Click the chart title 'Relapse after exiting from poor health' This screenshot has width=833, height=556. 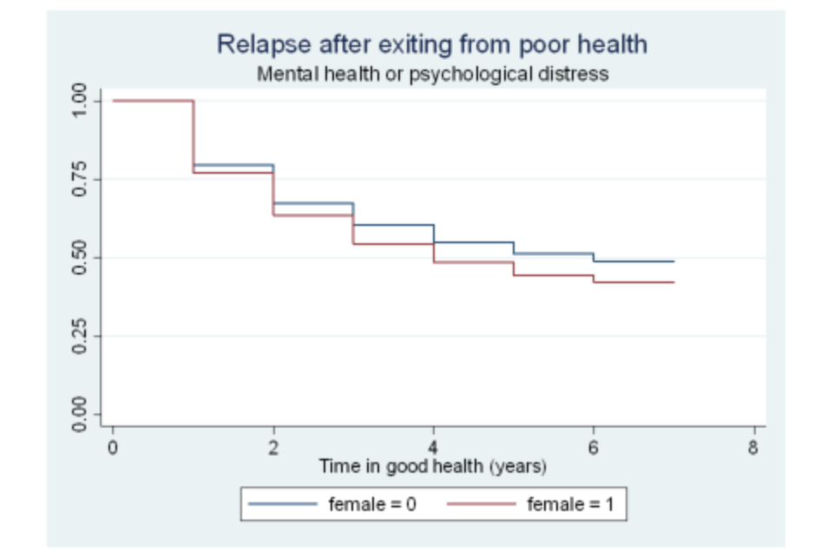[x=431, y=44]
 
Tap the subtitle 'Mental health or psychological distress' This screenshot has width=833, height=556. [x=432, y=74]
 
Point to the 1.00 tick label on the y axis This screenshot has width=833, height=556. [x=80, y=101]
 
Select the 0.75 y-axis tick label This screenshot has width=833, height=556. [x=80, y=179]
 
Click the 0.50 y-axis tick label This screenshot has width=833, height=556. [x=80, y=257]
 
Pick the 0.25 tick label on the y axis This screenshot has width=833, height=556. [x=80, y=335]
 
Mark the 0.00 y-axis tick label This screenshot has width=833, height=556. [x=80, y=414]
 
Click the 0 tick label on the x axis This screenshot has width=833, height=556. [x=113, y=448]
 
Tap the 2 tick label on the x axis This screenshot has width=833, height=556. [x=273, y=448]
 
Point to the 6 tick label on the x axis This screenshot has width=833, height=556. [x=594, y=448]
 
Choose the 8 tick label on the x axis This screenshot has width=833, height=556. [x=753, y=448]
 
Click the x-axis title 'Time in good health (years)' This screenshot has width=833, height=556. [x=432, y=467]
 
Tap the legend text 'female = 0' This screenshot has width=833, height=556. [x=372, y=504]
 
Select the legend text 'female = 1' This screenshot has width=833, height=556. [x=570, y=504]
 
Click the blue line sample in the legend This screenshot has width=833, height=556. [x=283, y=504]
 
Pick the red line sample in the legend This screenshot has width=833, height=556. [x=481, y=504]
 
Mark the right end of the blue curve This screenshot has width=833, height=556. [x=673, y=261]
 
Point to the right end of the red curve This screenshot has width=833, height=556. [x=673, y=282]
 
